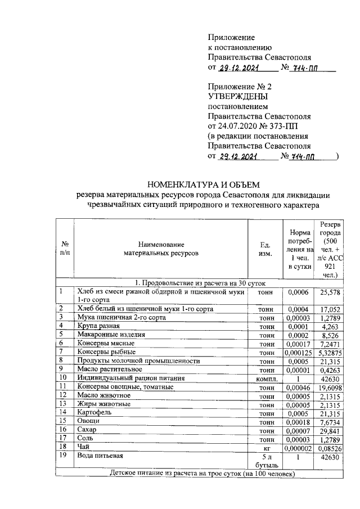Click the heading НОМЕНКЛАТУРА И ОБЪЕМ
pyautogui.click(x=204, y=184)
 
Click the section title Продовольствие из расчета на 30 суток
pyautogui.click(x=204, y=283)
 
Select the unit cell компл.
pyautogui.click(x=265, y=379)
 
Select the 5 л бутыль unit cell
pyautogui.click(x=265, y=461)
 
